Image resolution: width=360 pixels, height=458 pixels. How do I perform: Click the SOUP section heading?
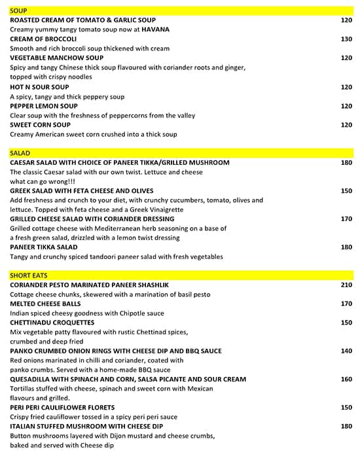tap(19, 10)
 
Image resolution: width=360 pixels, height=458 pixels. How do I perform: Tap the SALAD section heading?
tap(20, 153)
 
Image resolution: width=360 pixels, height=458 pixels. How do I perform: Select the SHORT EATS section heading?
tap(28, 275)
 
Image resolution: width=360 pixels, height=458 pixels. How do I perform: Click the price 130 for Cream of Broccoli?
tap(346, 39)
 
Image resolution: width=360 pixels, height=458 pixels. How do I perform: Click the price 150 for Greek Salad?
tap(346, 191)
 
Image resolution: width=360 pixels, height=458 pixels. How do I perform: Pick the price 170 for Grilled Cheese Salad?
tap(346, 219)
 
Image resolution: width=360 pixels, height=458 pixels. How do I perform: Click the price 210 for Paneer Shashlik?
tap(346, 285)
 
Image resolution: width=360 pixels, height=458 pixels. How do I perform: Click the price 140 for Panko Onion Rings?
tap(346, 351)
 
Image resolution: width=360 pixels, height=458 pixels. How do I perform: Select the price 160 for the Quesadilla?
tap(346, 379)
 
